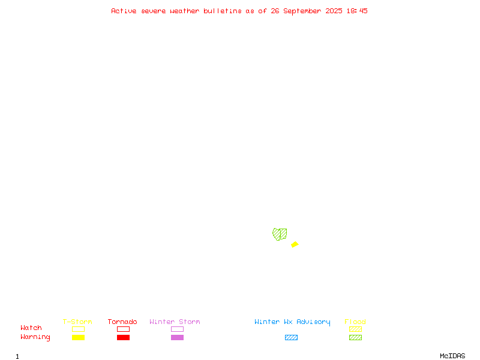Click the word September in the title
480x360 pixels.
coord(302,11)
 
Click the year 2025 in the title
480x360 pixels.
coord(334,11)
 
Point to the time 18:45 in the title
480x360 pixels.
coord(357,11)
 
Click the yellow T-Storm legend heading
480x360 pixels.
coord(77,322)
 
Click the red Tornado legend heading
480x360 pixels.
coord(122,322)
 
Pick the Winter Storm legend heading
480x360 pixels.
coord(175,322)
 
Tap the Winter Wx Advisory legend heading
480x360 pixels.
coord(292,322)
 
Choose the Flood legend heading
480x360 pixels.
coord(355,322)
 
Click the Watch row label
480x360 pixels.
coord(31,328)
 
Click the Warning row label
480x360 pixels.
coord(35,337)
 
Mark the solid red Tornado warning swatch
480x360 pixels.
coord(124,337)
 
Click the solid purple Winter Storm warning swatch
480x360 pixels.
coord(177,337)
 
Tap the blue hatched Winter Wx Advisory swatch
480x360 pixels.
coord(291,337)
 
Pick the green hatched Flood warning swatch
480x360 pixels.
coord(355,337)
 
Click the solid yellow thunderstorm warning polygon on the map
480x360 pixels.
coord(295,244)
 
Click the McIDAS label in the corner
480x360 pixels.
coord(452,356)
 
